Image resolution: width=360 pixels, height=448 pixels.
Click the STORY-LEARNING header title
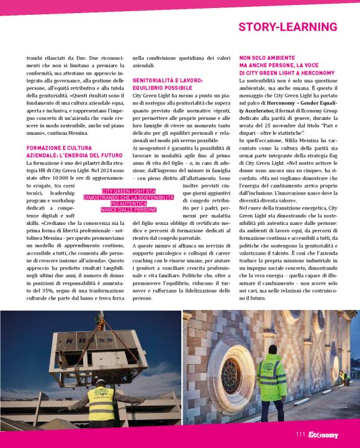click(287, 27)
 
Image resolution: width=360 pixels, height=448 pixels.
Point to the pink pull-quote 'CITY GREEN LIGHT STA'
click(128, 191)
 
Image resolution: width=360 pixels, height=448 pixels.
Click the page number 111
click(301, 435)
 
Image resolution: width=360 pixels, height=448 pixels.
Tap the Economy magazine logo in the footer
click(323, 435)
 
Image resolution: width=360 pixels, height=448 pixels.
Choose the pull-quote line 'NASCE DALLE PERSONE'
click(128, 210)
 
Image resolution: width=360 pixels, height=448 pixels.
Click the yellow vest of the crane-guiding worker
click(101, 405)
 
